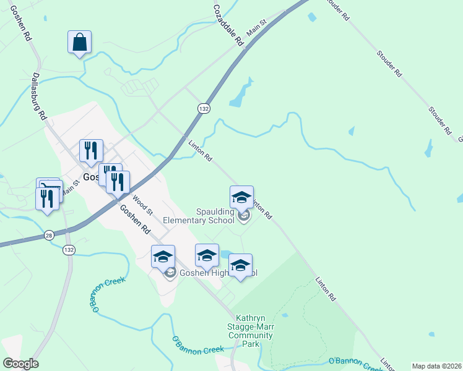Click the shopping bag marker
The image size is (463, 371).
coord(79,43)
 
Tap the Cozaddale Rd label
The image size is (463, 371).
coord(227,25)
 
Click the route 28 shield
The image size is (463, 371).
coord(49,235)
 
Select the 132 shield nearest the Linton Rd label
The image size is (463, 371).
coord(203,108)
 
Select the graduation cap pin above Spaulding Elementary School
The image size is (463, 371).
coord(241,197)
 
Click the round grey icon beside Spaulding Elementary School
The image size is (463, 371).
coord(243,216)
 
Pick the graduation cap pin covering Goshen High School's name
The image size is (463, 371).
coord(240,266)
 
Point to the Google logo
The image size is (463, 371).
coord(20,364)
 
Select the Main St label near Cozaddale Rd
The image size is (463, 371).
coord(255,27)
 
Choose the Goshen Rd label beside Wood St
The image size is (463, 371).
coord(135,220)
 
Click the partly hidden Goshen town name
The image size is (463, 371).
coord(91,176)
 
